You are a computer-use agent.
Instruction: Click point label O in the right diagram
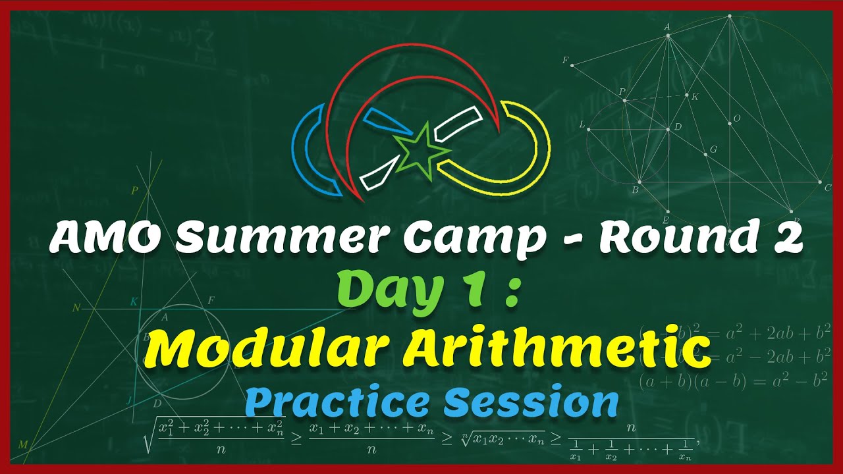coord(737,118)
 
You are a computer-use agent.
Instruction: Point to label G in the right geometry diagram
coord(713,150)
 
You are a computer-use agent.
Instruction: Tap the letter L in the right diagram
coord(582,124)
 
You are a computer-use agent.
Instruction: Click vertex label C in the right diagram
coord(828,188)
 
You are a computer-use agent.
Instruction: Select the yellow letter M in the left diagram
coord(23,445)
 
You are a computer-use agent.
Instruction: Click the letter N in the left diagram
coord(76,307)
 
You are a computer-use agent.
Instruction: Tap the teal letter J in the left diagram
coord(129,400)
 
